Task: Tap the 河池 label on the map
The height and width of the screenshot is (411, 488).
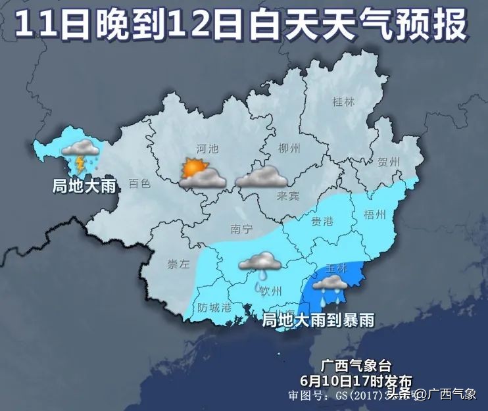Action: [x=208, y=149]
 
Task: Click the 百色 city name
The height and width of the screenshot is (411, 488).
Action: [x=139, y=184]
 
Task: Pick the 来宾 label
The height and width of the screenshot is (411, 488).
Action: [x=288, y=195]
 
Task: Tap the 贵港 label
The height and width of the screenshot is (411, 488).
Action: [x=322, y=221]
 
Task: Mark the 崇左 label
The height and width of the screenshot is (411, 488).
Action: [x=178, y=265]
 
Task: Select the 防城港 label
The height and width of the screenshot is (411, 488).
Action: [x=214, y=307]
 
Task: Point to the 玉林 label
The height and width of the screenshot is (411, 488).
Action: [x=336, y=268]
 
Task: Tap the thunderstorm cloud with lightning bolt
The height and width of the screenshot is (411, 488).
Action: [x=80, y=155]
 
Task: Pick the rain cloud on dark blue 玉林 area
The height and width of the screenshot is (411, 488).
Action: [x=329, y=285]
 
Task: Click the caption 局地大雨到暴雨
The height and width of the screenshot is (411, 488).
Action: [x=318, y=320]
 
